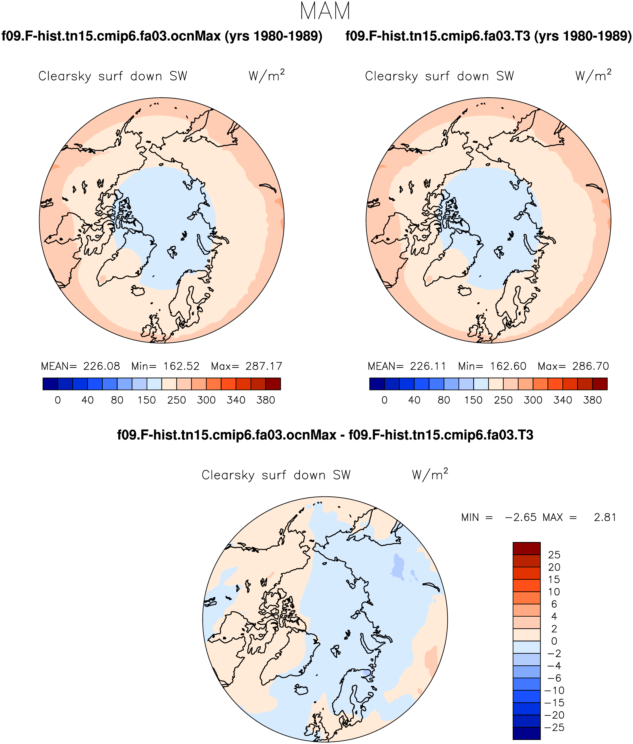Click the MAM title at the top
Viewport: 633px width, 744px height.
pos(325,11)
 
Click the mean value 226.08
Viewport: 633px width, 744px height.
pos(102,366)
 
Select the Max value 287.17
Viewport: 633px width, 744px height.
pos(264,366)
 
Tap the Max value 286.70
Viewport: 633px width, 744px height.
pos(591,366)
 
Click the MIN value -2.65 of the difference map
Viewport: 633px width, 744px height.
pos(521,518)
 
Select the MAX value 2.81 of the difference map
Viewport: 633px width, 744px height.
pos(605,518)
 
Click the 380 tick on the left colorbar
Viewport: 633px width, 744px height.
pos(266,400)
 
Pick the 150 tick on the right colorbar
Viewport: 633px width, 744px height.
pos(473,400)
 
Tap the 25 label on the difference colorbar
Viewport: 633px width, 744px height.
pos(554,555)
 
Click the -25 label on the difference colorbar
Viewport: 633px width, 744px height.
pos(554,728)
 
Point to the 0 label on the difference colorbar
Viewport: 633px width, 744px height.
pos(554,641)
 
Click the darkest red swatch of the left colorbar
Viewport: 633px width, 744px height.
pos(273,384)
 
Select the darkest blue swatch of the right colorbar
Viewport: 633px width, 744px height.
pos(377,384)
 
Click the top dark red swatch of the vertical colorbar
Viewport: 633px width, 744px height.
pos(526,548)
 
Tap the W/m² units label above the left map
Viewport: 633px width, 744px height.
pos(267,76)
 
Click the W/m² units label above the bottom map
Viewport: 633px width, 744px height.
pos(430,475)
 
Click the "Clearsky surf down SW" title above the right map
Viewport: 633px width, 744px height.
pos(439,76)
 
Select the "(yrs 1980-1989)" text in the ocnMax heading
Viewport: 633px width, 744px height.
pos(273,36)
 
